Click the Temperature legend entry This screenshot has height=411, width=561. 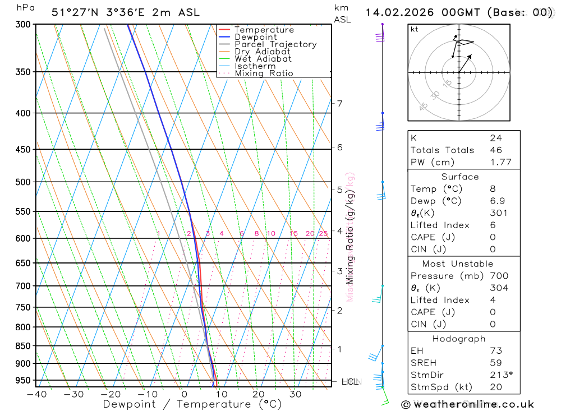coord(264,30)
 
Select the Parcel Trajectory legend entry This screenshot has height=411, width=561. coord(275,44)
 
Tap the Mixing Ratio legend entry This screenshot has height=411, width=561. coord(264,73)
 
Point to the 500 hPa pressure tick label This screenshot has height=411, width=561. coord(22,182)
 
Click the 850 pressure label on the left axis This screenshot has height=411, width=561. coord(22,346)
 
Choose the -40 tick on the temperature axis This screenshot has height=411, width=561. coord(36,394)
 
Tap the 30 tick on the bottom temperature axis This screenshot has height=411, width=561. coord(295,394)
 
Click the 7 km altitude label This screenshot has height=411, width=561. coord(339,103)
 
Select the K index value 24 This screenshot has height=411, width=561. coord(495,138)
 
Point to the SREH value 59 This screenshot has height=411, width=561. coord(495,363)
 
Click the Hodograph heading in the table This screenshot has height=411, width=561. coord(459,339)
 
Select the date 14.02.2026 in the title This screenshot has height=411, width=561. coord(395,12)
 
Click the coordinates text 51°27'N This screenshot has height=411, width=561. coord(73,12)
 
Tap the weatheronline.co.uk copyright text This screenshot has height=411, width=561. coord(467,404)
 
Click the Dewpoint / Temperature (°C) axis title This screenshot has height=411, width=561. coord(192,404)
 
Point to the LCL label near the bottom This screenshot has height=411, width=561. coord(350,382)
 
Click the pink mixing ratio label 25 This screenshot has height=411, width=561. coord(323,233)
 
